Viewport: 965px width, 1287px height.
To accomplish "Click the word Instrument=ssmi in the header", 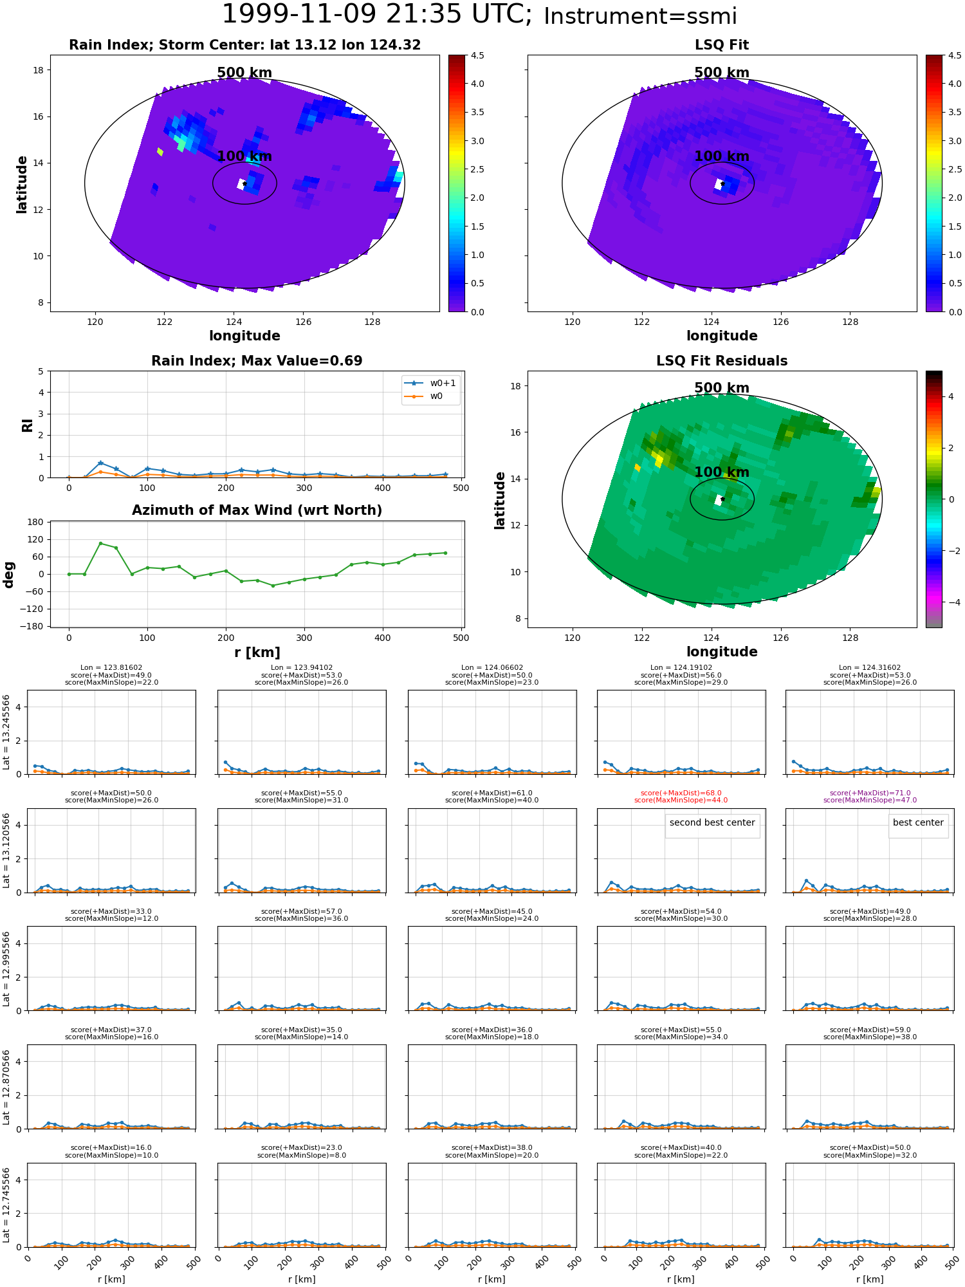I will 640,16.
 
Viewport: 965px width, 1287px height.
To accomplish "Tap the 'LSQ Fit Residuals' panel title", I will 722,361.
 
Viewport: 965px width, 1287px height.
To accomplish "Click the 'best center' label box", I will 918,822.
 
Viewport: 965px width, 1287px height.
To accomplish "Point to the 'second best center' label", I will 712,822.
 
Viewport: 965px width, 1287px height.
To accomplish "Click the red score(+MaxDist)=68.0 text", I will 681,793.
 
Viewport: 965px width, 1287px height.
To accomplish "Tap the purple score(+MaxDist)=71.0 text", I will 870,793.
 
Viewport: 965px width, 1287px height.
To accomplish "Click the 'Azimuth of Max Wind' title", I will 257,510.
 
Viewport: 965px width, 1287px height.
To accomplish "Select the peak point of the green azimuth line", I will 100,543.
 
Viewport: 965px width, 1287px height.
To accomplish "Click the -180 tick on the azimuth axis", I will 33,626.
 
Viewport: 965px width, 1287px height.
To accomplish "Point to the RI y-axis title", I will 27,425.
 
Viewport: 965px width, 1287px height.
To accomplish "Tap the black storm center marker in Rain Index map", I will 244,183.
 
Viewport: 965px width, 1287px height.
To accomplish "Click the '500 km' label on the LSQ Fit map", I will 721,73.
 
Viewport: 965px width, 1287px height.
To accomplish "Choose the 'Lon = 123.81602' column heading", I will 111,667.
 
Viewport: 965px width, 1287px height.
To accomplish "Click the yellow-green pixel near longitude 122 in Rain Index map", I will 160,151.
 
